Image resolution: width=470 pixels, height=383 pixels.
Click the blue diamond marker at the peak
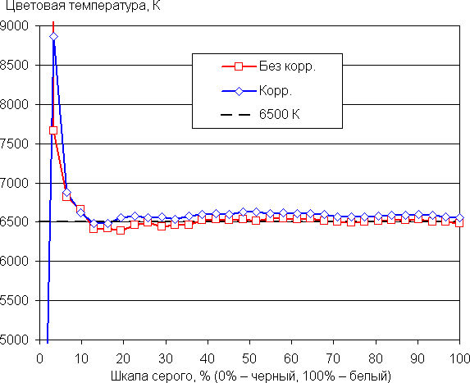point(53,37)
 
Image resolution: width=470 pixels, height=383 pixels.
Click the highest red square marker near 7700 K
point(53,130)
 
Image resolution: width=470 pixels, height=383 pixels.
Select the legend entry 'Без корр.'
point(287,66)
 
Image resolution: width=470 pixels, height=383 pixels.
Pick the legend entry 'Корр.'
point(275,90)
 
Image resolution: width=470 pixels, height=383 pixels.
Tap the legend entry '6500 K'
point(280,114)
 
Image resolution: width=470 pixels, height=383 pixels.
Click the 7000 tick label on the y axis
point(15,183)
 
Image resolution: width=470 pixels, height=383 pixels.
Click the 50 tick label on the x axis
point(249,358)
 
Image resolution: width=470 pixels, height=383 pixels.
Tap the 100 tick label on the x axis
point(459,358)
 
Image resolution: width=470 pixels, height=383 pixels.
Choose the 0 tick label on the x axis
point(39,358)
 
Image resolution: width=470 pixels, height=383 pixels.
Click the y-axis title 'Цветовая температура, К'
point(83,6)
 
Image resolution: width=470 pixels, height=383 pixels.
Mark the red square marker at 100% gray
point(459,223)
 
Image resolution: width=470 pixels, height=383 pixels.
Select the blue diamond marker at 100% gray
point(460,218)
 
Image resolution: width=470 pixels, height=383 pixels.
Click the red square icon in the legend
point(239,66)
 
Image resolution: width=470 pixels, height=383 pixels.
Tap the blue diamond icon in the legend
point(239,91)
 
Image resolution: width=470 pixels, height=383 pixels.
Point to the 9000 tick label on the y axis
point(15,25)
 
